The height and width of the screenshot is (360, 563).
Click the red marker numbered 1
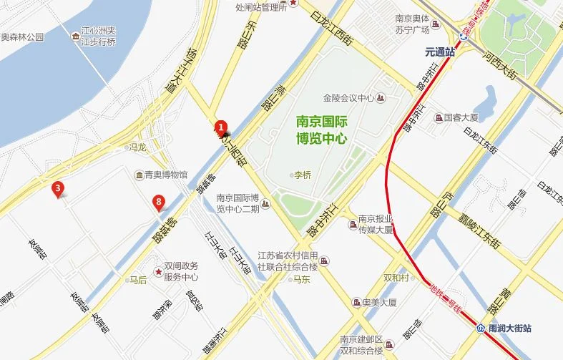[222, 126]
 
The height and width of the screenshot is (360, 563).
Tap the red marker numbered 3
[58, 189]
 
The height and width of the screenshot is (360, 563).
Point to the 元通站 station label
[440, 52]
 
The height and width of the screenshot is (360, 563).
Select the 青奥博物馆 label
[165, 174]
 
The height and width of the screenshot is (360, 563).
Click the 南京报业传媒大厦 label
[376, 225]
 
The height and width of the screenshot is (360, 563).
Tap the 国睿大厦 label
[461, 117]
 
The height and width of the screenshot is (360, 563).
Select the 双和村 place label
[396, 278]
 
